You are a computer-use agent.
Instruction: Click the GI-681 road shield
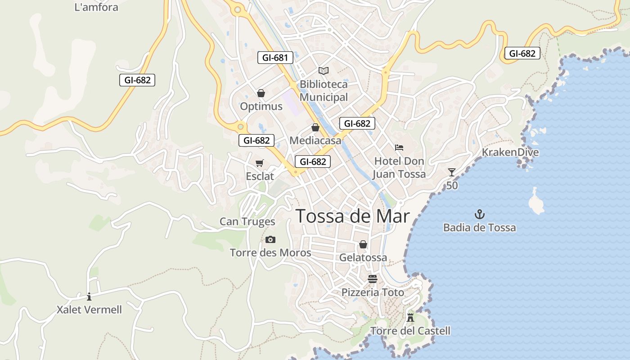[x=275, y=58]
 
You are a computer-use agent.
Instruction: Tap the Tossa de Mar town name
[x=352, y=216]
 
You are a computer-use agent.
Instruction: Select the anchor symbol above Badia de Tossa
[x=480, y=214]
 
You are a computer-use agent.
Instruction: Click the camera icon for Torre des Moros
[x=270, y=239]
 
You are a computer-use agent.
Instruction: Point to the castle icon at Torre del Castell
[x=410, y=317]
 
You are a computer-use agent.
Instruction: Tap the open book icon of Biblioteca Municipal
[x=324, y=71]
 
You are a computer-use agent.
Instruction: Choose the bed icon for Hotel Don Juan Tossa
[x=399, y=147]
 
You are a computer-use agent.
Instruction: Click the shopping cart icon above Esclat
[x=260, y=163]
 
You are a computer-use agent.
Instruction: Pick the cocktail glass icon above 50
[x=452, y=172]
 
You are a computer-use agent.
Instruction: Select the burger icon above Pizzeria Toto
[x=372, y=279]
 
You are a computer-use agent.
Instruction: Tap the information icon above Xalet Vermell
[x=89, y=297]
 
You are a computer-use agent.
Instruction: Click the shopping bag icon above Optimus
[x=261, y=93]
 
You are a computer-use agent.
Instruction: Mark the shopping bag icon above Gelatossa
[x=363, y=244]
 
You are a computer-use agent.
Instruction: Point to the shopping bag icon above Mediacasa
[x=315, y=127]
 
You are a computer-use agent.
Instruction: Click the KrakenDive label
[x=510, y=152]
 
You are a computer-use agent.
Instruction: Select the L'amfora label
[x=96, y=7]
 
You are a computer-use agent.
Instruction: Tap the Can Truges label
[x=247, y=221]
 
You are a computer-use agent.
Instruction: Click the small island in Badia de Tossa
[x=535, y=202]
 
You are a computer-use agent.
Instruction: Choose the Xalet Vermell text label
[x=89, y=310]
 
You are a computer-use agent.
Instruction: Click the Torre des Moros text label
[x=270, y=252]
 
